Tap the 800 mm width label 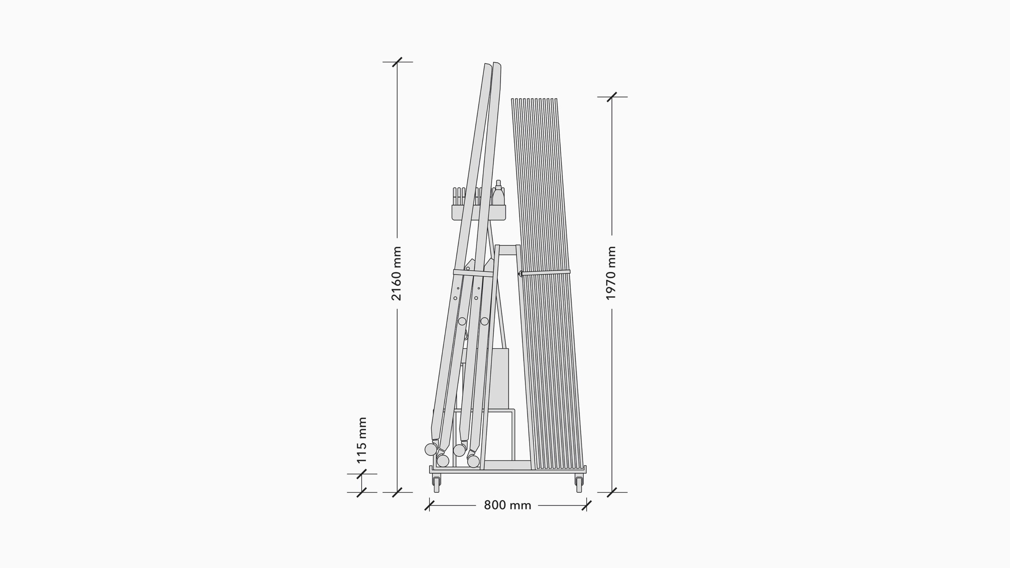coord(507,505)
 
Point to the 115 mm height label coord(361,440)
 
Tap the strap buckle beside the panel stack coord(520,273)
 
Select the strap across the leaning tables coord(473,273)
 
